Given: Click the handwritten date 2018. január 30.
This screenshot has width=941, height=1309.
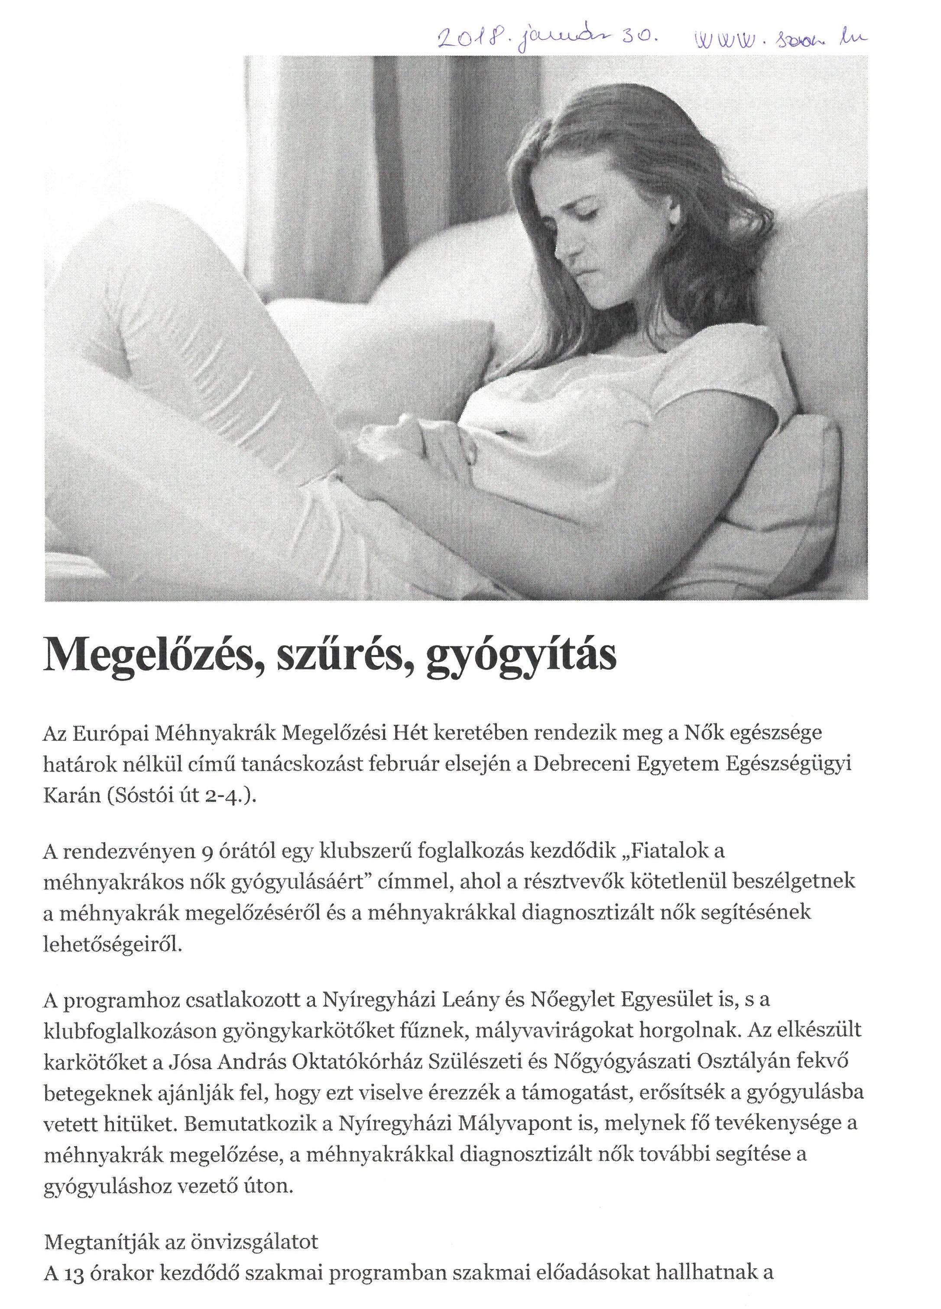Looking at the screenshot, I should point(547,39).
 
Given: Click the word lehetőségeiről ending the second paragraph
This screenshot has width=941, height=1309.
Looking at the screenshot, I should point(113,945).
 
